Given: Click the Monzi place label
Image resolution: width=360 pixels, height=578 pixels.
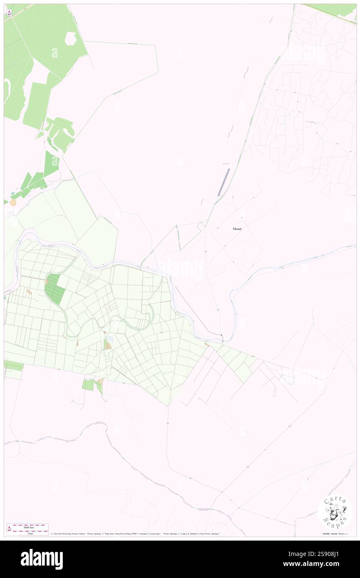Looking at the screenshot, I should pos(238,229).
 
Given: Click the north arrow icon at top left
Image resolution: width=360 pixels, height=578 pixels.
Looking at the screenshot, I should pos(9,12).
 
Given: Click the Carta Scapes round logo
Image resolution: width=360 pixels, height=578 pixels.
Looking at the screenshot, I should pos(335,512).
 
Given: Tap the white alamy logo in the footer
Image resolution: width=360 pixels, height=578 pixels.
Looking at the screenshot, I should pos(42,559).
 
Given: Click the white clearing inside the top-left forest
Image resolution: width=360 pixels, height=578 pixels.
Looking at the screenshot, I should pos(71,39).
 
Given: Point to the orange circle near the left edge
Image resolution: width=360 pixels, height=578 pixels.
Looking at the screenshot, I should pos(13,203).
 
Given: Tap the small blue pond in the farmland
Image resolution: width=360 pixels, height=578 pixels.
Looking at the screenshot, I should pos(110,339).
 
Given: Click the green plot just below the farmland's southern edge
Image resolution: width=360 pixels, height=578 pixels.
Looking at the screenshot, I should pos(88,385).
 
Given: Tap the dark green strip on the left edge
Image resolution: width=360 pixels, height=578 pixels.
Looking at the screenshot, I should pos(13,366).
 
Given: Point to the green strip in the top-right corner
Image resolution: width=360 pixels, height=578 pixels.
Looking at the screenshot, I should pos(333,10).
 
